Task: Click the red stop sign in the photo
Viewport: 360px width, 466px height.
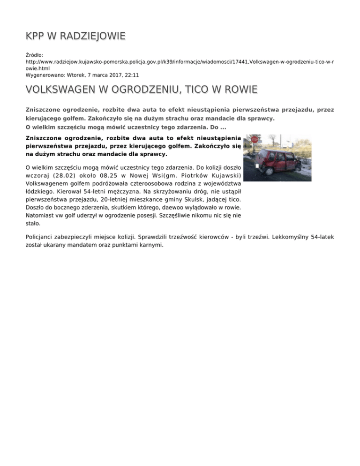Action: (x=255, y=140)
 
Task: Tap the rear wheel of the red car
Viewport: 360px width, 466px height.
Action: (x=269, y=171)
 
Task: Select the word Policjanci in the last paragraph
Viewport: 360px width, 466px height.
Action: (x=41, y=237)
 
